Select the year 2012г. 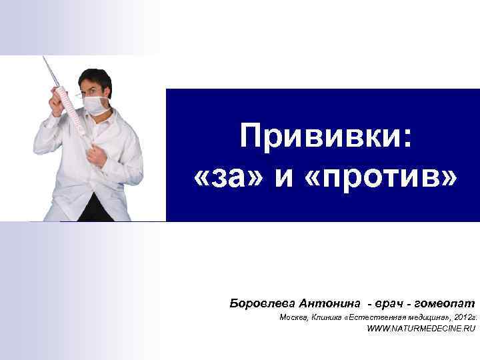[x=463, y=318]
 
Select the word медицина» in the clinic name [x=427, y=318]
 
